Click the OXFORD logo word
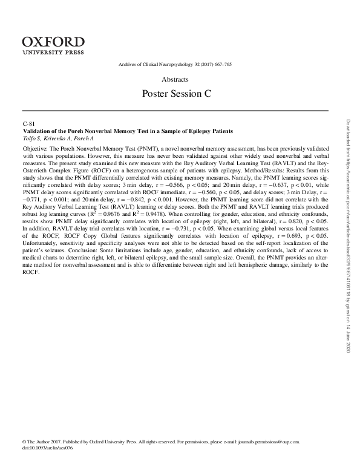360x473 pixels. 53,41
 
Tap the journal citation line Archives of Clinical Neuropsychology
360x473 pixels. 175,65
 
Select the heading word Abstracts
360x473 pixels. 175,79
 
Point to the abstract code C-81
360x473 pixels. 28,124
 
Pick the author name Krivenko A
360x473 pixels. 60,139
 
